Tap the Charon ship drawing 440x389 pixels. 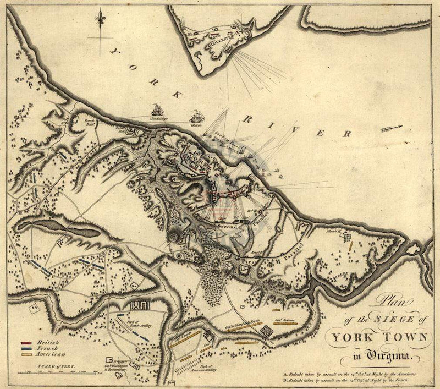[x=196, y=116]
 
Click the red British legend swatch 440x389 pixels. [x=24, y=342]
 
